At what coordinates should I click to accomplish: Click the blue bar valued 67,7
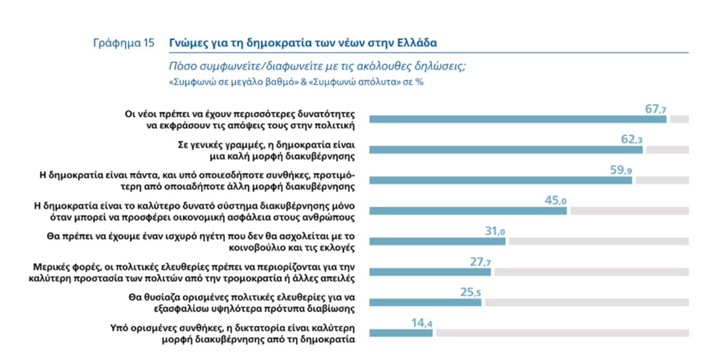click(518, 119)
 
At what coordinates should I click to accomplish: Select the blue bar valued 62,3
click(506, 150)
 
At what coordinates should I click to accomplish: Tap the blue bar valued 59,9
click(500, 180)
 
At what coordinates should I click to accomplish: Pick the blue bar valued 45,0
click(468, 211)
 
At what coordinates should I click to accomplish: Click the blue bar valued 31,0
click(437, 241)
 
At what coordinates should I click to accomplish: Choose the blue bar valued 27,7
click(430, 272)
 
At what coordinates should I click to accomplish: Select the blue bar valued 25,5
click(425, 302)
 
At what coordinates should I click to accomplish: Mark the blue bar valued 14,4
click(401, 333)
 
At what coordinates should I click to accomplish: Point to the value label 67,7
click(655, 109)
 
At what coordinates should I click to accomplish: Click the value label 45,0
click(555, 200)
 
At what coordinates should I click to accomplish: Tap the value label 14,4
click(421, 323)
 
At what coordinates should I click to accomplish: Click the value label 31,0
click(494, 231)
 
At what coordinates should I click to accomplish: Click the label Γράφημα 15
click(124, 43)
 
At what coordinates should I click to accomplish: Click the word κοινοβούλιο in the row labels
click(254, 248)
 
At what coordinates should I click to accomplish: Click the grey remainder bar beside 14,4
click(562, 333)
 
